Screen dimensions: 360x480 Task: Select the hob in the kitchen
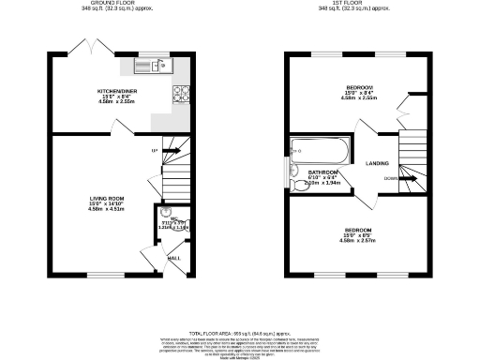(x=180, y=94)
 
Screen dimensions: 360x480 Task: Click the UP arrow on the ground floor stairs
(x=156, y=150)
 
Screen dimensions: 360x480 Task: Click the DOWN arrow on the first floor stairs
(x=391, y=178)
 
